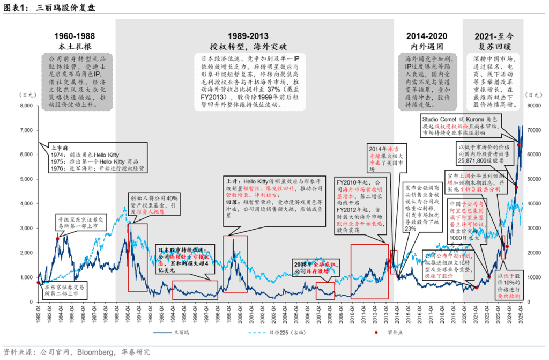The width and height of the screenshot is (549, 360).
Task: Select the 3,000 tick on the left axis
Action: [x=26, y=229]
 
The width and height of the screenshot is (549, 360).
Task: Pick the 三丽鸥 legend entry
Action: [x=183, y=333]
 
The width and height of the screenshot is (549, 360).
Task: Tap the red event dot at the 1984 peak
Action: [x=57, y=239]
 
